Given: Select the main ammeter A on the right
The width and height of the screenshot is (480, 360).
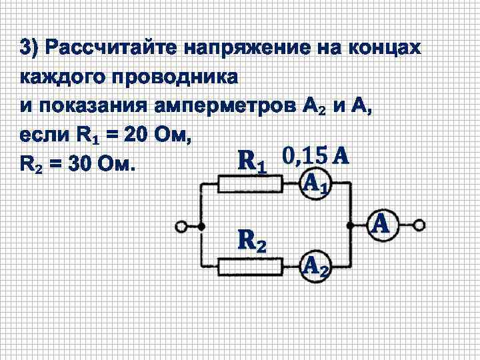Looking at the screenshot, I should tap(381, 225).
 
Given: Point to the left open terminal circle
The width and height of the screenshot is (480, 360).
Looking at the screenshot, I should tap(181, 227).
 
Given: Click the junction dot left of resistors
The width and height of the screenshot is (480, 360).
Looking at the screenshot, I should tap(201, 227).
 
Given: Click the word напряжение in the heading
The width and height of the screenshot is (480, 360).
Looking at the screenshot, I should tap(246, 49).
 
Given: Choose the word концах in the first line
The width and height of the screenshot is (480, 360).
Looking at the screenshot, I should tap(389, 49).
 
